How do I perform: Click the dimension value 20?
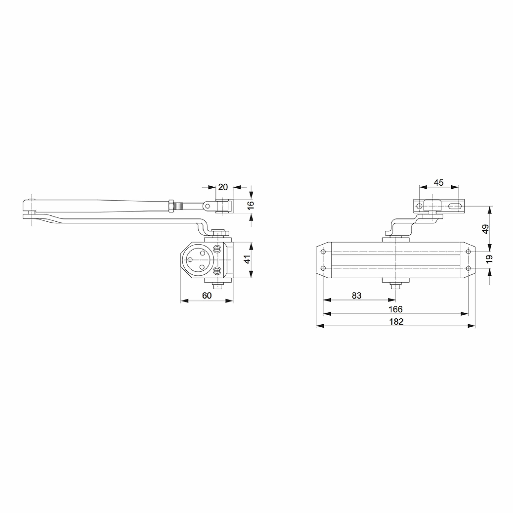pos(223,187)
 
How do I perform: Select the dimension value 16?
pos(251,205)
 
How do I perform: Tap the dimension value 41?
pos(247,259)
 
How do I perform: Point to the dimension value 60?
pos(207,296)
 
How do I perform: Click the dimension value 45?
pos(439,183)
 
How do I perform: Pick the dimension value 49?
pos(485,229)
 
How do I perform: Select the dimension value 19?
pos(490,259)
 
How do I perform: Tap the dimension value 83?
pos(357,296)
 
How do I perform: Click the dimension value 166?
pos(396,309)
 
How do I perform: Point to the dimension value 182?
pos(396,321)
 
